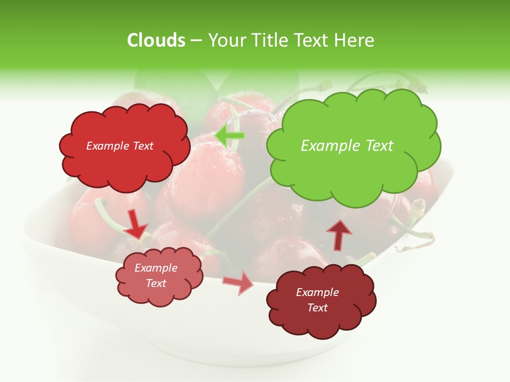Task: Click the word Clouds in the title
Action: click(x=156, y=40)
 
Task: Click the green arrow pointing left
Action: click(x=229, y=136)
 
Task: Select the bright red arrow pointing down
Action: click(x=135, y=224)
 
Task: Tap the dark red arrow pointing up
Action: click(x=339, y=234)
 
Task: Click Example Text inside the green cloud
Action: click(x=347, y=146)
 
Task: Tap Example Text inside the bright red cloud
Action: click(x=120, y=146)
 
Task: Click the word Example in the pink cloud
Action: click(x=156, y=268)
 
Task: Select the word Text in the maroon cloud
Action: click(x=317, y=308)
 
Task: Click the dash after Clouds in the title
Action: click(x=196, y=41)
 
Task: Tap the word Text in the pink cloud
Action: click(x=156, y=283)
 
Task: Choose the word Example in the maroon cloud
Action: click(x=317, y=292)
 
